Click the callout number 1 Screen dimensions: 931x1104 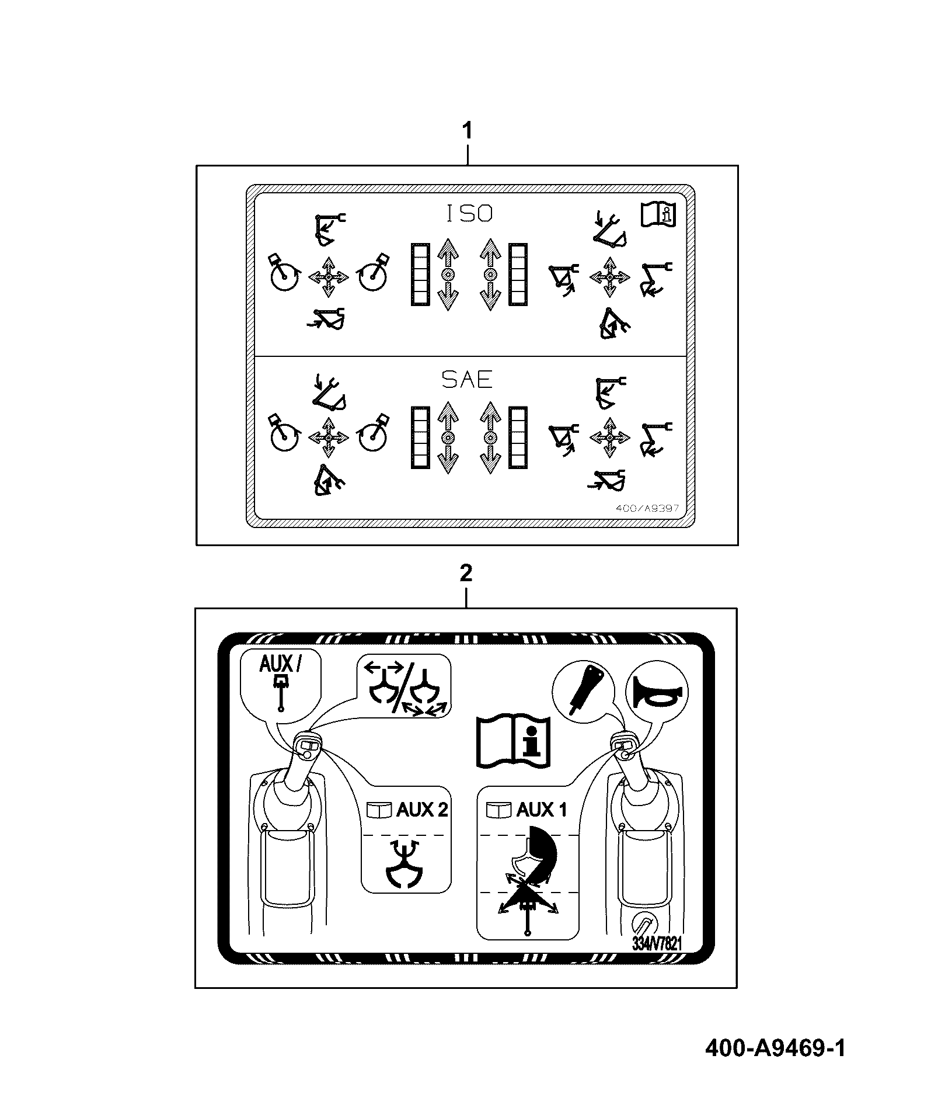pyautogui.click(x=467, y=130)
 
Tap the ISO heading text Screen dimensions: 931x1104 pyautogui.click(x=469, y=214)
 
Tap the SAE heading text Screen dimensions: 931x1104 pyautogui.click(x=467, y=380)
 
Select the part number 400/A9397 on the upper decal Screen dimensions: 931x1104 pyautogui.click(x=648, y=508)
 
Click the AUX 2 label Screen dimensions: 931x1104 pyautogui.click(x=422, y=810)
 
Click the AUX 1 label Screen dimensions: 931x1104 pyautogui.click(x=542, y=810)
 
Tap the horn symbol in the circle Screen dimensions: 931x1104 pyautogui.click(x=657, y=692)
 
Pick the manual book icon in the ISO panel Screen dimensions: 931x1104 pyautogui.click(x=658, y=214)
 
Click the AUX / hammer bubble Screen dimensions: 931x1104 pyautogui.click(x=281, y=683)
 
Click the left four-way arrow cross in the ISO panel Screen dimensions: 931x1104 pyautogui.click(x=329, y=276)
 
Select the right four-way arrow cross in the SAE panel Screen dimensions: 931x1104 pyautogui.click(x=611, y=438)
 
